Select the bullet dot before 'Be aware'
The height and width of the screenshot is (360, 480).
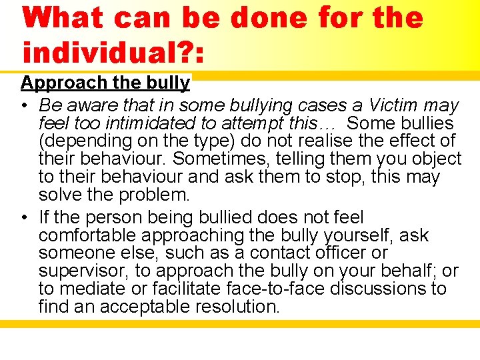coord(24,105)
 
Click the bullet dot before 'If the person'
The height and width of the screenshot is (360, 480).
coord(24,217)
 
